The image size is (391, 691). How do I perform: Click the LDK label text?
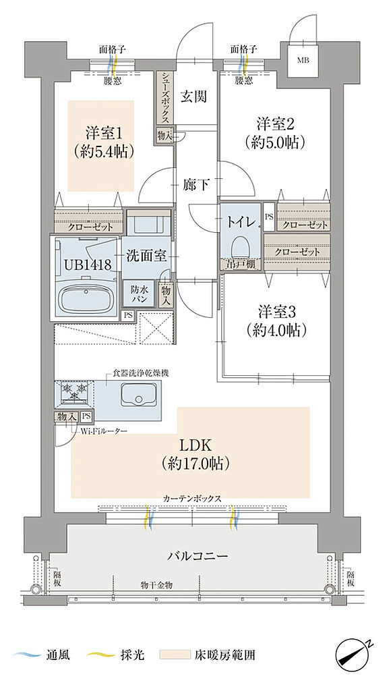coord(196,445)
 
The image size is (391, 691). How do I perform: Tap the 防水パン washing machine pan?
coord(141,292)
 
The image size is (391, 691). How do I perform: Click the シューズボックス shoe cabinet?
coord(165,98)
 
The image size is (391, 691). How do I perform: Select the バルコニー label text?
coord(198,557)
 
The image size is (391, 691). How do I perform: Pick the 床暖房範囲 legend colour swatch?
coord(172,655)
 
